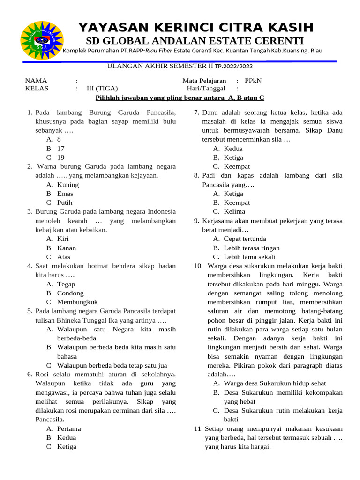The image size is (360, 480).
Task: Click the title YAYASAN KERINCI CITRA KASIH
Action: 196,27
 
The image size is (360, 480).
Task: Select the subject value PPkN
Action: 253,81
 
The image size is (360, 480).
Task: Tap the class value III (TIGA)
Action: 102,88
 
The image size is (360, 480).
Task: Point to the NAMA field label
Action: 36,81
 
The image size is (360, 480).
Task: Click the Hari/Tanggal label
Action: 206,88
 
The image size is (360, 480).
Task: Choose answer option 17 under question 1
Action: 60,149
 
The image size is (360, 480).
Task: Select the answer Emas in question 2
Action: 65,194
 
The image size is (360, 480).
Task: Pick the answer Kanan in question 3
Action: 66,248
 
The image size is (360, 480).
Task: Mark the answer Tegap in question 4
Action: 66,284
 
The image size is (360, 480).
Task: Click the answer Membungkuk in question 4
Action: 77,302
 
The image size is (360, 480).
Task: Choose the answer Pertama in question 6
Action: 68,428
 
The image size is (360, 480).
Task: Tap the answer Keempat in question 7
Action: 237,166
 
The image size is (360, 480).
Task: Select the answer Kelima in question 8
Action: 234,211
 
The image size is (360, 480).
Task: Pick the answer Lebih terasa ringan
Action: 252,248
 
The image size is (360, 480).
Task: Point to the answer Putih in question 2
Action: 65,202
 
